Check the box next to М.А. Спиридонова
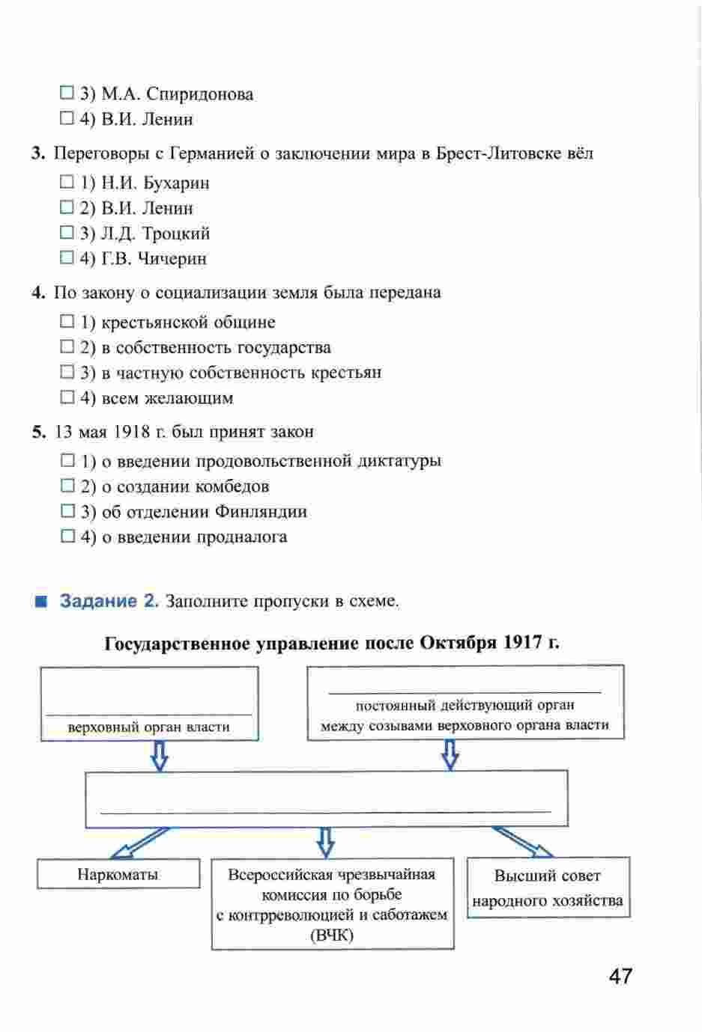(x=67, y=94)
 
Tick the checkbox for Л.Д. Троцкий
(x=67, y=233)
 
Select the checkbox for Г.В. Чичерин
(x=67, y=258)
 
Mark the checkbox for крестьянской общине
(x=67, y=322)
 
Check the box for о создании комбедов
(x=67, y=486)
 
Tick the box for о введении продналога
(x=67, y=537)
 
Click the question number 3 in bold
(x=38, y=153)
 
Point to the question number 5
(x=38, y=432)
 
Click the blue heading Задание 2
(x=109, y=601)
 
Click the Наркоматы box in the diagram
(x=118, y=874)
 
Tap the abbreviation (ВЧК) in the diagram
(x=332, y=935)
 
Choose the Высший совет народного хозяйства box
(x=548, y=888)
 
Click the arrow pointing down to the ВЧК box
(x=324, y=842)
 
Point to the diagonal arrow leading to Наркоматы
(x=139, y=843)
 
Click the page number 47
(x=620, y=977)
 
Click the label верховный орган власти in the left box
(x=148, y=727)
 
